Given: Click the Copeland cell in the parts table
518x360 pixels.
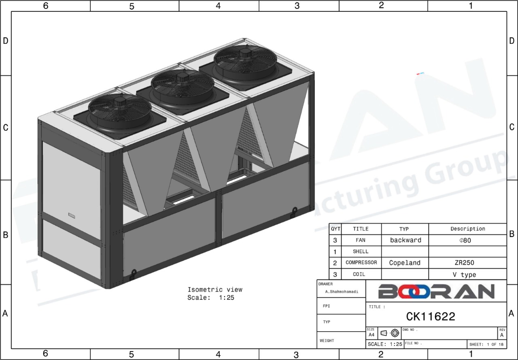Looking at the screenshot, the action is (405, 263).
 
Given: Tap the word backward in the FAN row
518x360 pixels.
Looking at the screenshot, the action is (405, 240).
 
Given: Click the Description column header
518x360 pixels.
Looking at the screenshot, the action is (468, 229).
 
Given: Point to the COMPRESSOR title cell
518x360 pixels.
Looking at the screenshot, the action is (361, 262).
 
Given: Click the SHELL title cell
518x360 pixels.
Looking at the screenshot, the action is (361, 251).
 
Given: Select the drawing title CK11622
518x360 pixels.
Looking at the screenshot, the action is (431, 317).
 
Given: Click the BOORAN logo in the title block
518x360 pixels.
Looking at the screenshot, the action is (436, 292).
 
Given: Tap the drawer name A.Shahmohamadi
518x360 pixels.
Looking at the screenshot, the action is (342, 292).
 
